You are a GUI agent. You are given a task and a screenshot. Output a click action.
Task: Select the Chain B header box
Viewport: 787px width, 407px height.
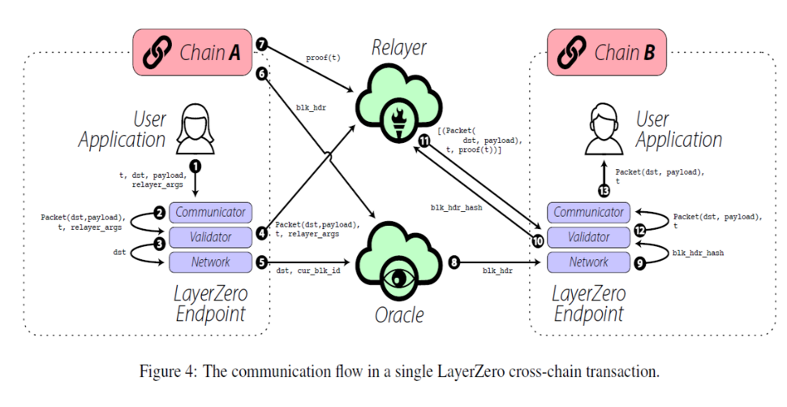click(x=606, y=53)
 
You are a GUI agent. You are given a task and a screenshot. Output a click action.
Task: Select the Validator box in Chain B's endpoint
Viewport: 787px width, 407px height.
click(x=589, y=237)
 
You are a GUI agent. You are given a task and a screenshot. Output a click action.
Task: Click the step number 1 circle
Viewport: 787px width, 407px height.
click(x=195, y=166)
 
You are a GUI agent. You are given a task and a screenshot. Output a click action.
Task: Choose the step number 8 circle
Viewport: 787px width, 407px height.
click(x=454, y=262)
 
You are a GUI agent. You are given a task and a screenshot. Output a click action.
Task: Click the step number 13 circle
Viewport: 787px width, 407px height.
click(x=603, y=192)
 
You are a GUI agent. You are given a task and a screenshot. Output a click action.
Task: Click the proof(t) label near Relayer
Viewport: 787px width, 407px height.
click(x=323, y=58)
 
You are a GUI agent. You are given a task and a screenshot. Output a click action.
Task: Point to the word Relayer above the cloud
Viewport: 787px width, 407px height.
click(x=398, y=49)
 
